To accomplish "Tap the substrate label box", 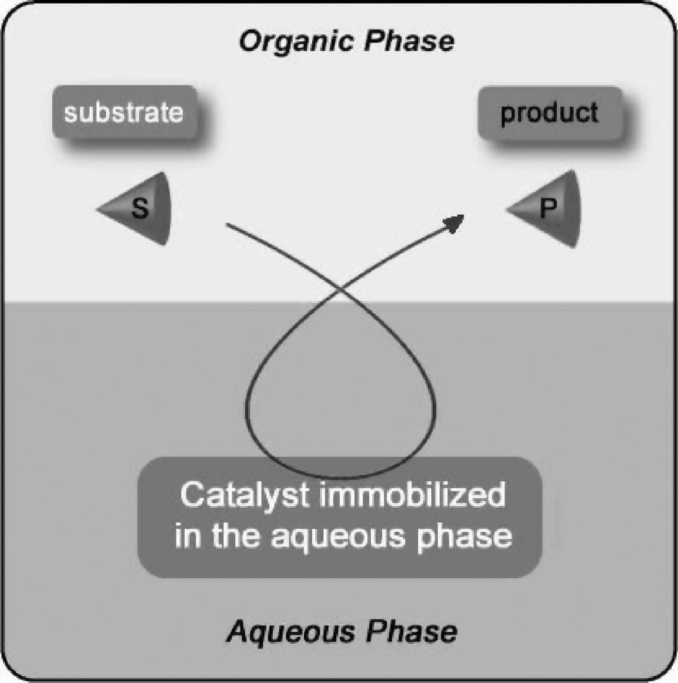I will tap(124, 112).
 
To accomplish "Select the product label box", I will tap(549, 113).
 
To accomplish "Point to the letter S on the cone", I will tap(140, 209).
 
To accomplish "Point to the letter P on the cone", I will tap(546, 208).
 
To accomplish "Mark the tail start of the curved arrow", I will tap(227, 224).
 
